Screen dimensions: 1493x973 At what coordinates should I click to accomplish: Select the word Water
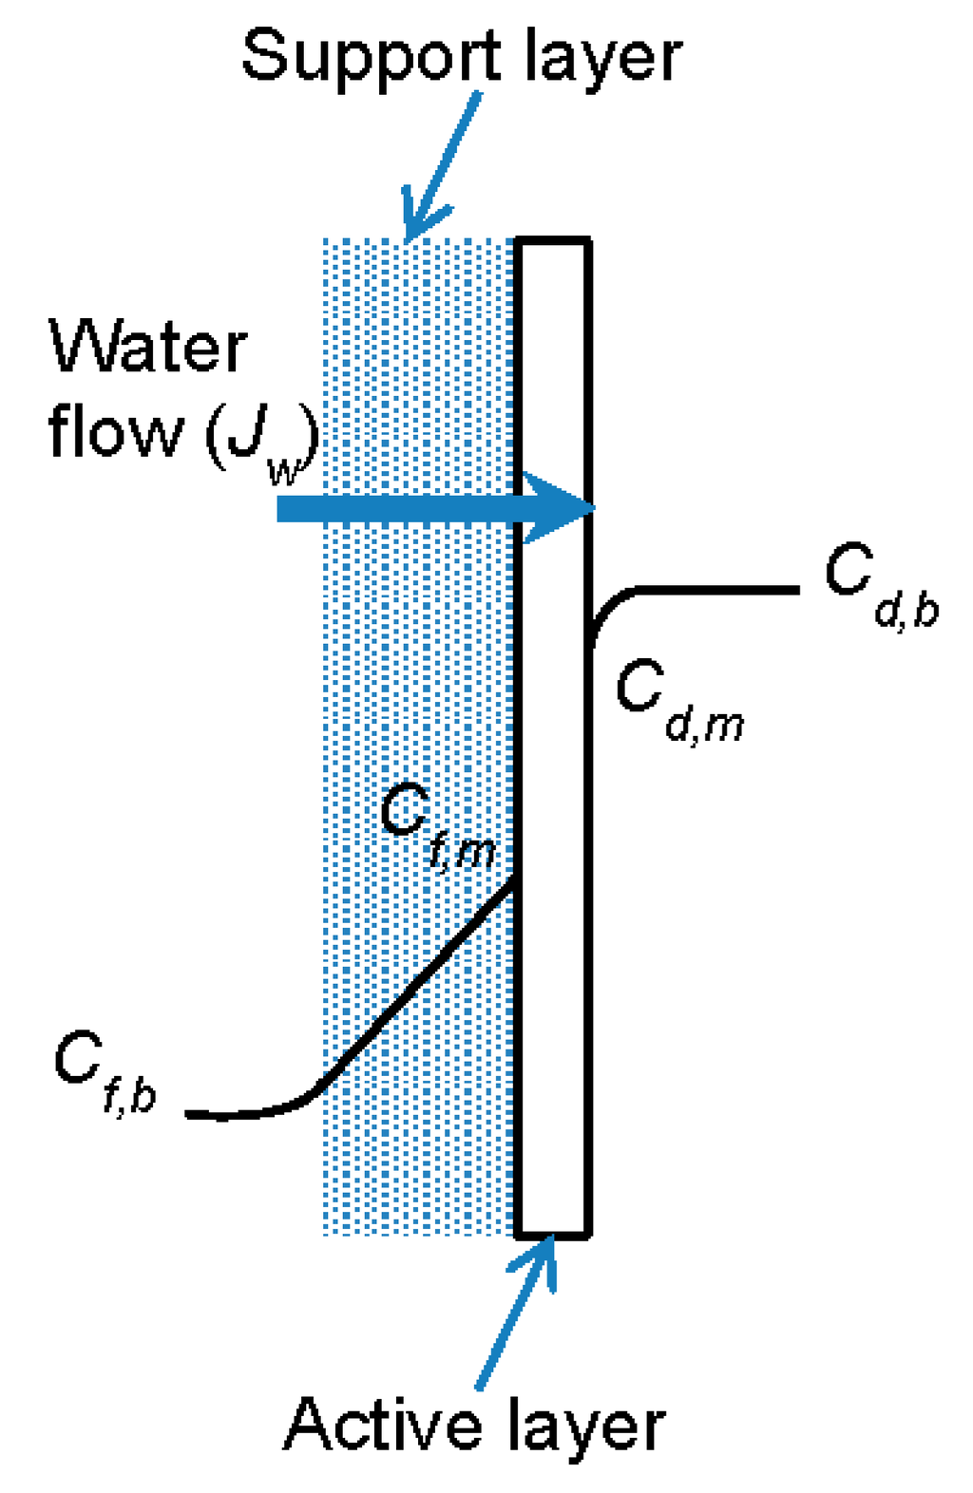click(x=148, y=348)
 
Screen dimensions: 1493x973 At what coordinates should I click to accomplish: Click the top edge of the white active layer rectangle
click(x=553, y=241)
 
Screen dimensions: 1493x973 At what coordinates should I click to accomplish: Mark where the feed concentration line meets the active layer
click(x=516, y=879)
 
